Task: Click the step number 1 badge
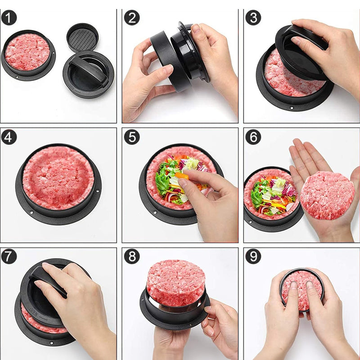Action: click(9, 18)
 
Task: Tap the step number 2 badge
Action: click(131, 18)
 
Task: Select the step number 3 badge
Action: click(253, 18)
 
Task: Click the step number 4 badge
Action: click(9, 137)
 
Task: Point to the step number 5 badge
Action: click(131, 137)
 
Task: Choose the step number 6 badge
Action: click(253, 137)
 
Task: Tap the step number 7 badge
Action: click(9, 256)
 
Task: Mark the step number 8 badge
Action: click(131, 256)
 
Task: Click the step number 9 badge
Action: click(253, 256)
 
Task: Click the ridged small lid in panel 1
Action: click(82, 37)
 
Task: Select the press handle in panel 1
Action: click(90, 70)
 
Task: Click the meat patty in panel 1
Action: click(27, 52)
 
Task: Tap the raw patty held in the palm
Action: click(327, 195)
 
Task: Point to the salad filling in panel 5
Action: click(173, 178)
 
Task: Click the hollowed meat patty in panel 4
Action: click(58, 178)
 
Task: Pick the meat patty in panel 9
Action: click(301, 288)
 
